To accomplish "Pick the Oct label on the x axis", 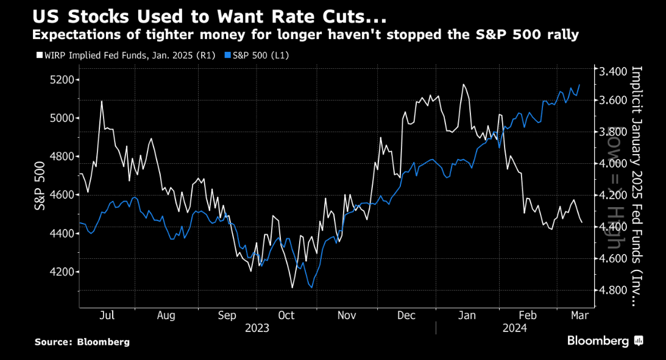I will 286,316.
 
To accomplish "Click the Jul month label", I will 107,316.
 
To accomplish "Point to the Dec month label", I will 406,316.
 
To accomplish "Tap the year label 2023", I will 257,328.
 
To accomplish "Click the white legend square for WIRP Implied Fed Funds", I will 39,55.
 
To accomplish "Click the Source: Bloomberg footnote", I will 82,342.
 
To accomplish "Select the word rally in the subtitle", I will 561,35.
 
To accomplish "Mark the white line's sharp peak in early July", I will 102,102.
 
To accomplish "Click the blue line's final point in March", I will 579,85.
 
